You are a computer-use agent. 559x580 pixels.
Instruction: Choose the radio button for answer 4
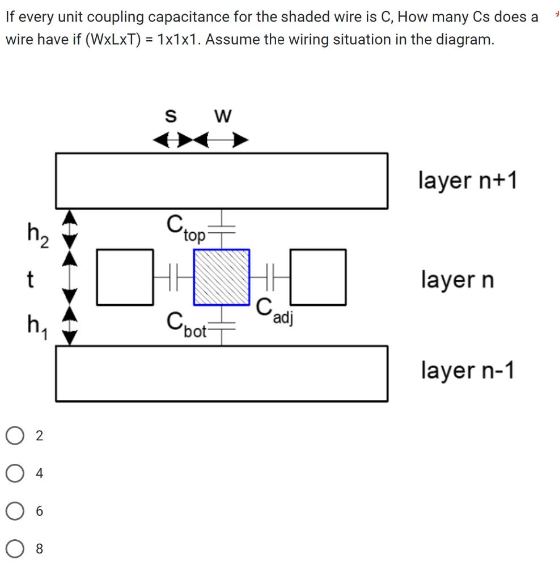(x=14, y=474)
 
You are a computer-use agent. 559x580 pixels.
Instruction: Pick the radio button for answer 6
(x=14, y=511)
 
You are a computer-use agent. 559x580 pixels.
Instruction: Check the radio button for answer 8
(x=14, y=549)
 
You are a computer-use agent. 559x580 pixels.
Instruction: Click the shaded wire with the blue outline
(x=222, y=277)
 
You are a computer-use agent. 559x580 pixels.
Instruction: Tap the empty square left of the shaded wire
(x=125, y=277)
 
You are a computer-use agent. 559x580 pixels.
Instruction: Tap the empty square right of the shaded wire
(x=319, y=277)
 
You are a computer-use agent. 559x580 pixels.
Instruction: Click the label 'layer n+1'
(x=468, y=181)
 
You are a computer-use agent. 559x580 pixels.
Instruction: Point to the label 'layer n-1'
(x=468, y=370)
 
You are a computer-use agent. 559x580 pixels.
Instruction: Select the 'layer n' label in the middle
(x=458, y=279)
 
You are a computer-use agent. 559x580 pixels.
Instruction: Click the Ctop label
(x=185, y=228)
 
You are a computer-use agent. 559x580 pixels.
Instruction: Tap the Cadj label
(x=274, y=311)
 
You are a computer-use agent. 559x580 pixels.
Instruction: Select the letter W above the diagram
(x=223, y=116)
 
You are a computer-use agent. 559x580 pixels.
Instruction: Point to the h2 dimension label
(x=37, y=232)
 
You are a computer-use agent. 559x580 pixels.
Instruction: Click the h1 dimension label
(x=37, y=327)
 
